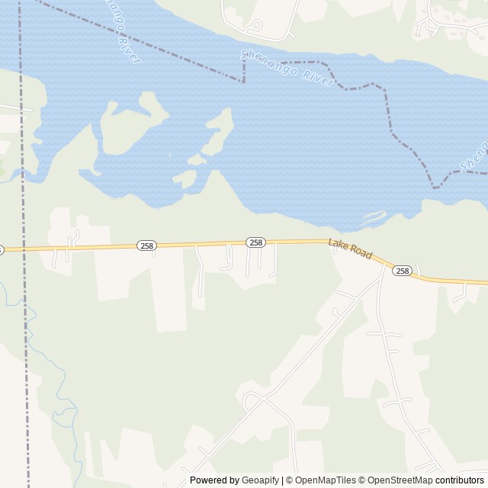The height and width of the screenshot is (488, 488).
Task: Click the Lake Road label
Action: click(350, 249)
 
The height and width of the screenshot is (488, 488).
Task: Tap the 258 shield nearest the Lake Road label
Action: click(403, 271)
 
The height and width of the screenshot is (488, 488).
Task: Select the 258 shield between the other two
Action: click(256, 242)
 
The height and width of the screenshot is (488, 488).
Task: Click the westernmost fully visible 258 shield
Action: click(146, 246)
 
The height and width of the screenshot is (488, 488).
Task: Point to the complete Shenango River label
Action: click(287, 68)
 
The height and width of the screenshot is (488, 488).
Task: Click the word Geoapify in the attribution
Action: click(260, 480)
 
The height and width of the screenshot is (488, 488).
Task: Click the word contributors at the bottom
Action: click(460, 480)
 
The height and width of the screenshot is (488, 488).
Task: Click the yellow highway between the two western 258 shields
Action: click(202, 244)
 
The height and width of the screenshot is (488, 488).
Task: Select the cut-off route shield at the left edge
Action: click(2, 249)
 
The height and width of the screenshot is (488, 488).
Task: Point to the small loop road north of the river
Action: click(255, 25)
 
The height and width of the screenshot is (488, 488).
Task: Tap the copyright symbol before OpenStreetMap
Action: click(363, 480)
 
